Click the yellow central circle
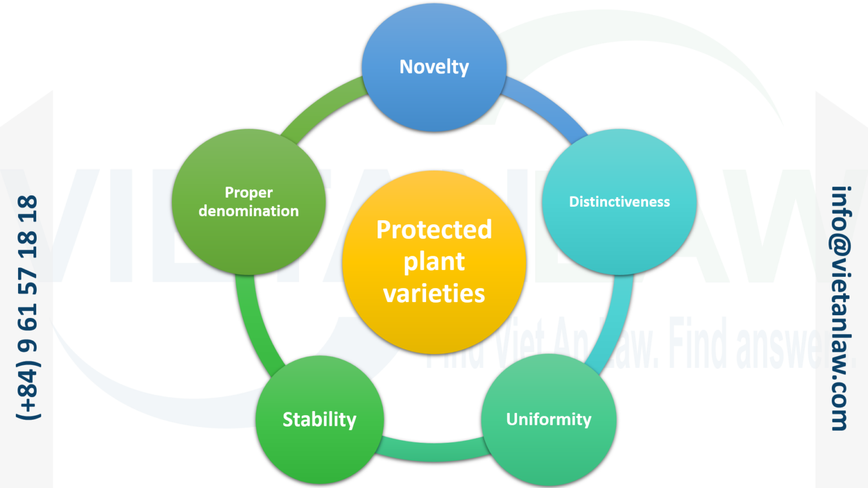click(434, 328)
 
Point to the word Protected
click(434, 229)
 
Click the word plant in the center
click(434, 262)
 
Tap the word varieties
click(434, 294)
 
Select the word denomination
click(249, 211)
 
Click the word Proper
click(249, 193)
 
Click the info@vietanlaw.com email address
click(841, 308)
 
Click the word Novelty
click(434, 67)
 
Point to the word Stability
click(319, 420)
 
